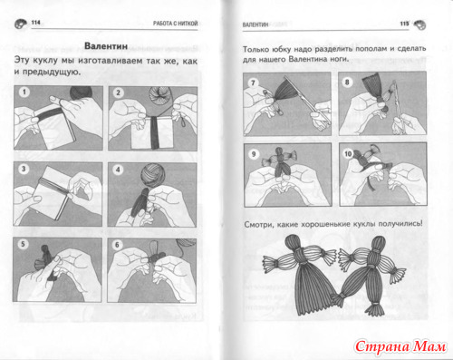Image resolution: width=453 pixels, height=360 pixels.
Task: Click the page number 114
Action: [35, 23]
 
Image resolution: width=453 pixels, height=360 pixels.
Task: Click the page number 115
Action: [404, 24]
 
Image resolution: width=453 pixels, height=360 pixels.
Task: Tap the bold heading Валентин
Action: [106, 46]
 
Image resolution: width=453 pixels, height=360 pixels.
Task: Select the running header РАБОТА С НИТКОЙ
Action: [175, 24]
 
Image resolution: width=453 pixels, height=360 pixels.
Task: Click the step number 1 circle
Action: [24, 92]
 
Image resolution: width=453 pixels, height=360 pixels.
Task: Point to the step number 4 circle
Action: [118, 170]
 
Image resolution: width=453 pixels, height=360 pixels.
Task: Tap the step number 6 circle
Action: [117, 245]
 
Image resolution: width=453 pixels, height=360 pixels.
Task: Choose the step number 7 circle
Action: [253, 83]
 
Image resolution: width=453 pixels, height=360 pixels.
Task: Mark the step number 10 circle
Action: [348, 154]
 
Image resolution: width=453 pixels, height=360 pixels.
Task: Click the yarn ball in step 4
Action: [153, 175]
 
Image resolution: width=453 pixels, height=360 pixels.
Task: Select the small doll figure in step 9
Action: [279, 161]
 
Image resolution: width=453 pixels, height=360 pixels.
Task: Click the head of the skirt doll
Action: [294, 242]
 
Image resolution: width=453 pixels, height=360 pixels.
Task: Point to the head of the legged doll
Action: [378, 243]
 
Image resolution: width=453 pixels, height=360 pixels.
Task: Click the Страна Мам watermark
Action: [400, 346]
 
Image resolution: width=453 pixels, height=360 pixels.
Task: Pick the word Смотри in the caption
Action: [255, 225]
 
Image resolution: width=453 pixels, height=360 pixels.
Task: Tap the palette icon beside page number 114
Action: [21, 24]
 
